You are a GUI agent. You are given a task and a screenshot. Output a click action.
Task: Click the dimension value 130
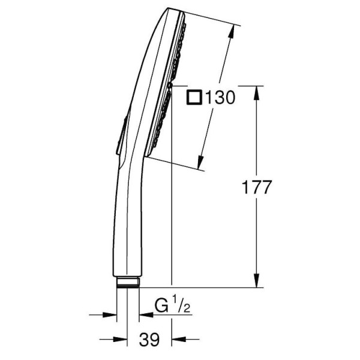click(220, 97)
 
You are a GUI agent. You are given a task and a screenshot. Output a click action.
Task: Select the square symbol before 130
click(194, 97)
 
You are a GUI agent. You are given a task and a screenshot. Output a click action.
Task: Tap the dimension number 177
click(257, 187)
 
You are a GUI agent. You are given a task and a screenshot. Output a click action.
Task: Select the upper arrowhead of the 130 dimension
click(232, 30)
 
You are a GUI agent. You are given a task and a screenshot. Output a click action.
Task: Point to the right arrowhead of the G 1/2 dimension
click(143, 313)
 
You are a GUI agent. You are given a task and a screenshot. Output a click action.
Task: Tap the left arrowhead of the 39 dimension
click(122, 330)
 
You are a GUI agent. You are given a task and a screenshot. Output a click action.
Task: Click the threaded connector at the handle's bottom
click(127, 281)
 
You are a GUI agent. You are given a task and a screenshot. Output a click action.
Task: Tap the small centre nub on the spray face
click(170, 87)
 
